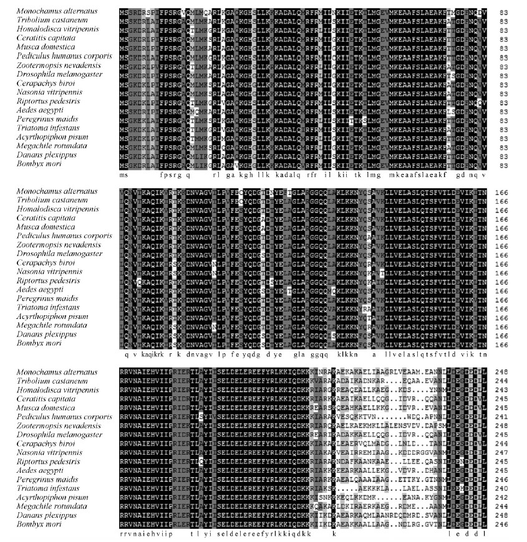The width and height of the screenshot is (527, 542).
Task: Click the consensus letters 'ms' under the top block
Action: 123,175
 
